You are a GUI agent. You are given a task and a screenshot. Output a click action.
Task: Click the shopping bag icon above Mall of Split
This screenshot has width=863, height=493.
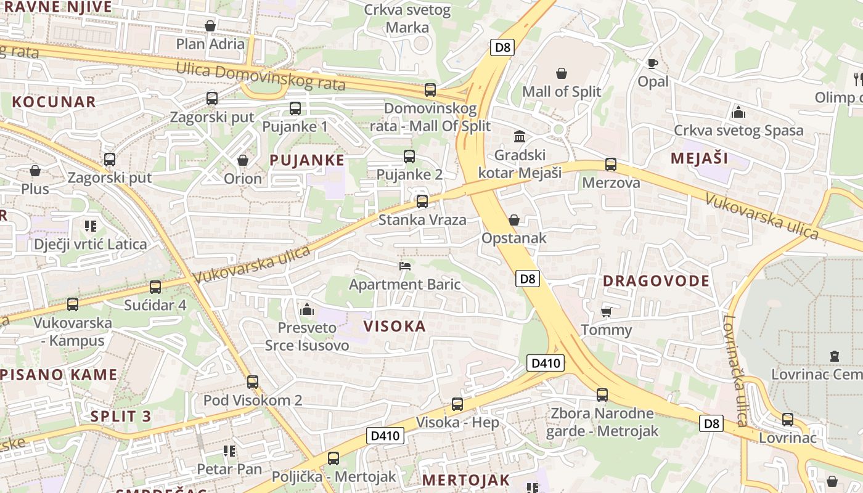(562, 74)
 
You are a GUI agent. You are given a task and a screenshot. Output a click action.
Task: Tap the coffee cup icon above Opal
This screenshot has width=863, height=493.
(653, 63)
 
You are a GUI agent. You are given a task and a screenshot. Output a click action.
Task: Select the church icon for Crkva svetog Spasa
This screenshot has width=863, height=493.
(738, 112)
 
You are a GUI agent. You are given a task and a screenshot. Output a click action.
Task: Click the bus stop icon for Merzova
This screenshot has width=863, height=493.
(610, 165)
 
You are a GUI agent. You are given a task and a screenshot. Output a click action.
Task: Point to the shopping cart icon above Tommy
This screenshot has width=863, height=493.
(606, 311)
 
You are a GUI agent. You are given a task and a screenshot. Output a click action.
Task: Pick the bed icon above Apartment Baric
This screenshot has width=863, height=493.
(405, 266)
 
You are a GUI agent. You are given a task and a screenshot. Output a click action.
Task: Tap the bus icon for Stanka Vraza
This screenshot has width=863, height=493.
(422, 202)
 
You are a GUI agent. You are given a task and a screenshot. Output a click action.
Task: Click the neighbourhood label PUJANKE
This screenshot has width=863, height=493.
(307, 160)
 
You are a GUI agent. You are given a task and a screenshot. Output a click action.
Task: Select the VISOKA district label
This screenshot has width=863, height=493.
(395, 327)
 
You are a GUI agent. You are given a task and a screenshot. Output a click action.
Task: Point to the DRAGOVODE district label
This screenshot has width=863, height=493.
(656, 281)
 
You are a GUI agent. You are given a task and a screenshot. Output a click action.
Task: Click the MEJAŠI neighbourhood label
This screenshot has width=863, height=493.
(699, 158)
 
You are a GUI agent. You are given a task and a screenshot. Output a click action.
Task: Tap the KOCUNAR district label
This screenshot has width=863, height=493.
(54, 102)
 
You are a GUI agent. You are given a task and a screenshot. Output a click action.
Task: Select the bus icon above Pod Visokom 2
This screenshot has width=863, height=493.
(252, 382)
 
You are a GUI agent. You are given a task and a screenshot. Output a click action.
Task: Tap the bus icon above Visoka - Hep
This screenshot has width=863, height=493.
(457, 404)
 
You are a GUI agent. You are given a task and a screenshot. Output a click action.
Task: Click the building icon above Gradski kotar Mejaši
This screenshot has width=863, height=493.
(519, 136)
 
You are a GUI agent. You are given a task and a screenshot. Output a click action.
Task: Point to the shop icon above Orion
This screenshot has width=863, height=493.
(243, 160)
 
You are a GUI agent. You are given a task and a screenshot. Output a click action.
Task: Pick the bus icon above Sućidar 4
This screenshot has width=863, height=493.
(155, 287)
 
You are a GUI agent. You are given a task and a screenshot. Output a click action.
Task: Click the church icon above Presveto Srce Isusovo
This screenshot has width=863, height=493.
(306, 309)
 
